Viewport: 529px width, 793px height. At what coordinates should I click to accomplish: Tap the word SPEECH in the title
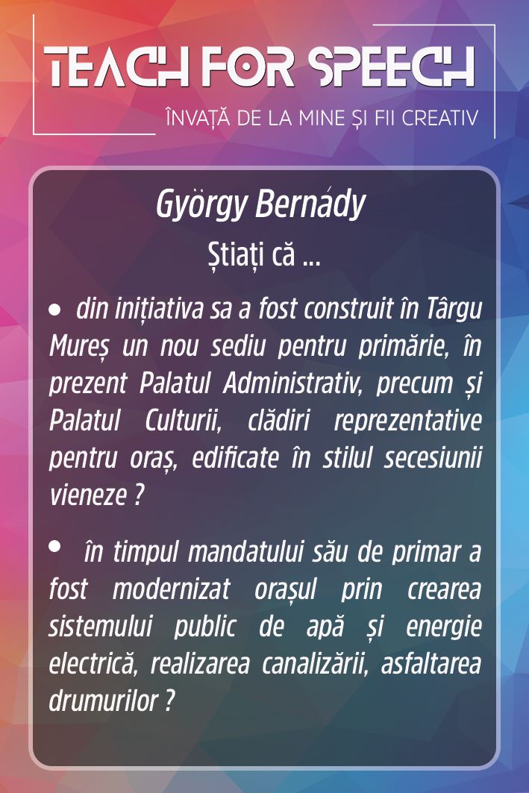pyautogui.click(x=392, y=66)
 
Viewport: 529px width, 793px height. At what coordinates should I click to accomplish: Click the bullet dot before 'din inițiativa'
pyautogui.click(x=54, y=310)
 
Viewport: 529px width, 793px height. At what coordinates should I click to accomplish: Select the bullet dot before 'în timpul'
pyautogui.click(x=54, y=546)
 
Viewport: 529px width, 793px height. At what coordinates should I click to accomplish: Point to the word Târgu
pyautogui.click(x=454, y=310)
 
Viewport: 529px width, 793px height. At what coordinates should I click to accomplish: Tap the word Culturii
pyautogui.click(x=184, y=421)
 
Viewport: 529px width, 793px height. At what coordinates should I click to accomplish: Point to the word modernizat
pyautogui.click(x=172, y=589)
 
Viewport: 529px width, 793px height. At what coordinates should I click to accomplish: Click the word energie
pyautogui.click(x=443, y=627)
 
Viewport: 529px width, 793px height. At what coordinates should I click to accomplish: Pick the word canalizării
pyautogui.click(x=313, y=664)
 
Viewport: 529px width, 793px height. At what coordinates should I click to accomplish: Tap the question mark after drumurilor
pyautogui.click(x=170, y=701)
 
